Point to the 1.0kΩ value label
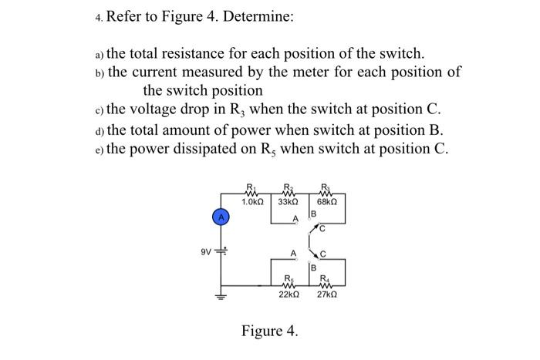pyautogui.click(x=253, y=202)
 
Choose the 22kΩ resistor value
pyautogui.click(x=289, y=294)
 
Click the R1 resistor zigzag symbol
pyautogui.click(x=250, y=192)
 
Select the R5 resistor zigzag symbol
pyautogui.click(x=287, y=284)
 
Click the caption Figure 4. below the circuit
pyautogui.click(x=269, y=331)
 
